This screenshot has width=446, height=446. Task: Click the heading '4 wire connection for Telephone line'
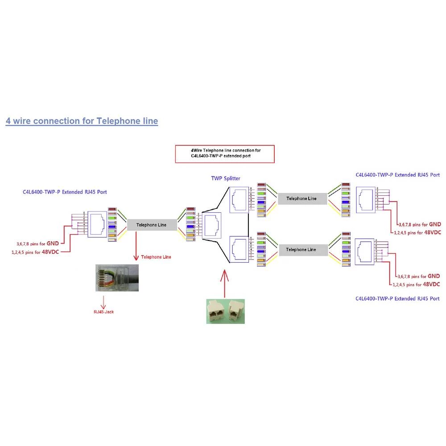pos(82,121)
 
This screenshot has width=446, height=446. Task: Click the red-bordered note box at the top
pos(224,154)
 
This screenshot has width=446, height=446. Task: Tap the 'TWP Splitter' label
pos(226,178)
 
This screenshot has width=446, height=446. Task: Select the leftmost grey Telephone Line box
pos(151,225)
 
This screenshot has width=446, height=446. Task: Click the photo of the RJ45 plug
pos(116,278)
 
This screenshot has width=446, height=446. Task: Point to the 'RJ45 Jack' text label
pos(103,312)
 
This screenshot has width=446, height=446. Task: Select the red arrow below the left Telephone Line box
pos(135,248)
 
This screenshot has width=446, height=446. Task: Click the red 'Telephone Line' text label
pos(156,257)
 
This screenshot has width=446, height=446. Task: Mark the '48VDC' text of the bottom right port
pos(431,284)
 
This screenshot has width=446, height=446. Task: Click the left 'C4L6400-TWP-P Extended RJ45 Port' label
pos(65,192)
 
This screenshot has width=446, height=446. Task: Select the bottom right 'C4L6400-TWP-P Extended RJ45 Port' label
pos(398,298)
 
